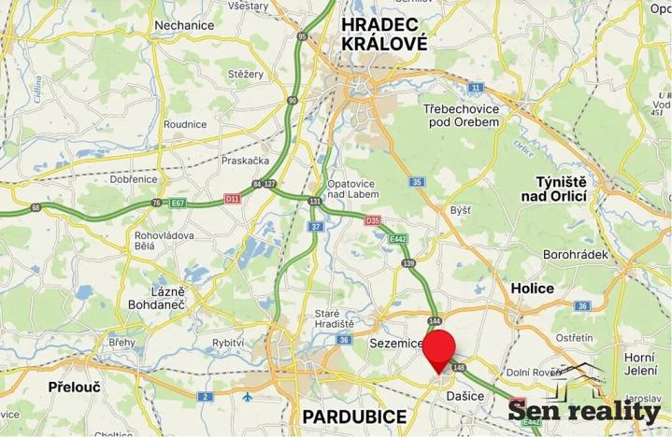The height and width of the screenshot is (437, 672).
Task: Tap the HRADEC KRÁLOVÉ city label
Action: coord(384,34)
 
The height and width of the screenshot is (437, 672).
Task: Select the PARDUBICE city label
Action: coord(354,416)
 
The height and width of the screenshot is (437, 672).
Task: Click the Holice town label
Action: coord(532,289)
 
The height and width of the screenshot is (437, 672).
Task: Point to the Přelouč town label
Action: coord(75,386)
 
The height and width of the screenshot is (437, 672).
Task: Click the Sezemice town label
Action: coord(396,344)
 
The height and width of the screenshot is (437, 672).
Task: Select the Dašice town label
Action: coord(465,397)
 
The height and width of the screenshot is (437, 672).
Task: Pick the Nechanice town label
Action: coord(186,25)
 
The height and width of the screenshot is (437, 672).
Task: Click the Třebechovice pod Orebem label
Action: coord(461,118)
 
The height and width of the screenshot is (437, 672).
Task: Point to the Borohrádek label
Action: coord(576,254)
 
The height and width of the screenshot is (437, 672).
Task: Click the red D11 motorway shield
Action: coord(233,198)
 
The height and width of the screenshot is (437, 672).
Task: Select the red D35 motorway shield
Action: coord(373,221)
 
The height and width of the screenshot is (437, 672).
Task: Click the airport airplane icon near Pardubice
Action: coord(247,397)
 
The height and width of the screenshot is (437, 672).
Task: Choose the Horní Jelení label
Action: coord(639,364)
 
